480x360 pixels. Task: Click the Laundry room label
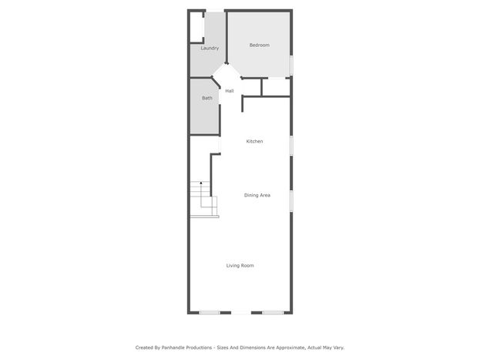[x=210, y=48]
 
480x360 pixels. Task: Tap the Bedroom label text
[x=260, y=45]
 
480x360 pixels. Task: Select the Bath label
[x=207, y=98]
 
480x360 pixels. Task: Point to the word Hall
[x=230, y=91]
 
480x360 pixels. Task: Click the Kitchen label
[x=254, y=141]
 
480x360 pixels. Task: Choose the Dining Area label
[x=257, y=195]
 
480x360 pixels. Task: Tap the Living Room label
[x=240, y=265]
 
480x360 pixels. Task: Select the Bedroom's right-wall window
[x=291, y=65]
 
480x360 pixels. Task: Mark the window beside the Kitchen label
[x=291, y=146]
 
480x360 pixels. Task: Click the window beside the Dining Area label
[x=291, y=200]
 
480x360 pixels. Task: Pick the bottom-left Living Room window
[x=210, y=312]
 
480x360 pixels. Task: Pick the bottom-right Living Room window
[x=273, y=312]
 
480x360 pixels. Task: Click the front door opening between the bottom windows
[x=241, y=312]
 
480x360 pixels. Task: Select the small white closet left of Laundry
[x=196, y=27]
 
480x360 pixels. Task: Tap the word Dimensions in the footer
[x=250, y=348]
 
